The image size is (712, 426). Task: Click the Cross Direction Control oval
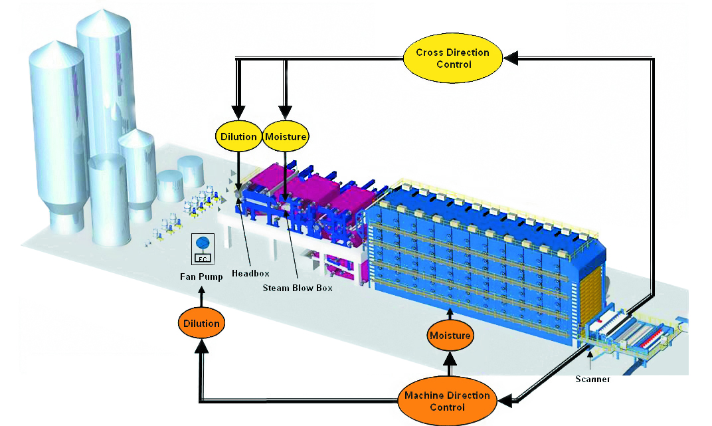coord(454,58)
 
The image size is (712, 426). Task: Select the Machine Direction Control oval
coord(447,400)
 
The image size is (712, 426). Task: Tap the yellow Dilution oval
coord(238,137)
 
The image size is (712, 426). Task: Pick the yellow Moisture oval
coord(286,137)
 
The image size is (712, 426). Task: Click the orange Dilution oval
coord(201,324)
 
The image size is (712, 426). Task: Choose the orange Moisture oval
coord(450,336)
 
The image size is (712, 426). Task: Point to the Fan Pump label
coord(203,277)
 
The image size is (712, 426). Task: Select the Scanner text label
coord(592,379)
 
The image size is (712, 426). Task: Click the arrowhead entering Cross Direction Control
coord(510,58)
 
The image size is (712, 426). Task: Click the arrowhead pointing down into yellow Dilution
coord(238,114)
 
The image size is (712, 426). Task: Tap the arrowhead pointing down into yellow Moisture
coord(286,114)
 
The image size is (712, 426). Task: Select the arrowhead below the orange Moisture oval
coord(450,362)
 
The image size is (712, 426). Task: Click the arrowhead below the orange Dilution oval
coord(201,347)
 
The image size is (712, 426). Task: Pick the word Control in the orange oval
coord(447,407)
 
